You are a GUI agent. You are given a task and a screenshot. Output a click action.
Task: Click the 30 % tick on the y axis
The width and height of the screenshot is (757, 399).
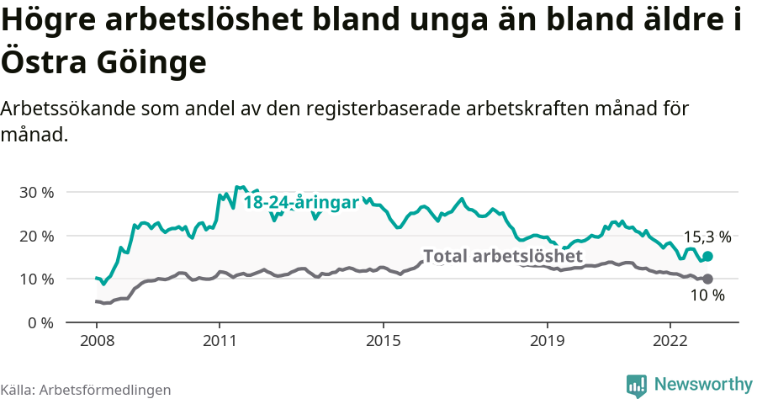tap(36, 192)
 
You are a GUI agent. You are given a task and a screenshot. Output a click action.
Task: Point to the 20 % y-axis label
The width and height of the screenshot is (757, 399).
tap(36, 236)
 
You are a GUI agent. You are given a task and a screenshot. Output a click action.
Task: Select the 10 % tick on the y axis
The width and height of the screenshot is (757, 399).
tap(36, 279)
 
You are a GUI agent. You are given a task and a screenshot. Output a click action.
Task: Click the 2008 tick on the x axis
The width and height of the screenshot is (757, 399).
tap(96, 341)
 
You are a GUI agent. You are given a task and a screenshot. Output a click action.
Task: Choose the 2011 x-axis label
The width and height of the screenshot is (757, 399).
tap(220, 341)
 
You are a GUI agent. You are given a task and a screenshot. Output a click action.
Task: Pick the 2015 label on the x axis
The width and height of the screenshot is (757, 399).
tap(384, 341)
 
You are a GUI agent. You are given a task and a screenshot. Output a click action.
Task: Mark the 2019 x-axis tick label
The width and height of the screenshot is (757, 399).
tap(548, 341)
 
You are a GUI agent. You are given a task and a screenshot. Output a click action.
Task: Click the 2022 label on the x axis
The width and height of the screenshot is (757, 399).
tap(670, 341)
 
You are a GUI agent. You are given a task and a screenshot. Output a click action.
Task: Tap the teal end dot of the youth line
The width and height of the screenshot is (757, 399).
tap(707, 256)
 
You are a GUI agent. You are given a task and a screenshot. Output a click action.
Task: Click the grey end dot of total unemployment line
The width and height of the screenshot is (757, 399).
tap(707, 279)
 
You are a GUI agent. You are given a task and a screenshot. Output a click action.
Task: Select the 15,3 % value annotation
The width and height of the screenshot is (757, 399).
tap(707, 237)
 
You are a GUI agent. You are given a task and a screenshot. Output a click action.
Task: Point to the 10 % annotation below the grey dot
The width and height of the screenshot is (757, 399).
tap(707, 295)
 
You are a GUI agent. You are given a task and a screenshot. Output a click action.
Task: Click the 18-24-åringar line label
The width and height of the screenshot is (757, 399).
tap(301, 203)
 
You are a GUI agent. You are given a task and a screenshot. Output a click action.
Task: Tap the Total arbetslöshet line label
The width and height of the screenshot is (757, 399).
tap(502, 256)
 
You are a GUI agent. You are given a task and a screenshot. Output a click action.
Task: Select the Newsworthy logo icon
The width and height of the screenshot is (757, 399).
tap(637, 385)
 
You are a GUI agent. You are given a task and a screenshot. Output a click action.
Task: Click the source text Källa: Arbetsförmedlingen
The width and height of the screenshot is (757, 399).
tap(86, 390)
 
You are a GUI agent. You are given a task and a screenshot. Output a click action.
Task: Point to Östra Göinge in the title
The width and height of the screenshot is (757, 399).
tap(103, 61)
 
